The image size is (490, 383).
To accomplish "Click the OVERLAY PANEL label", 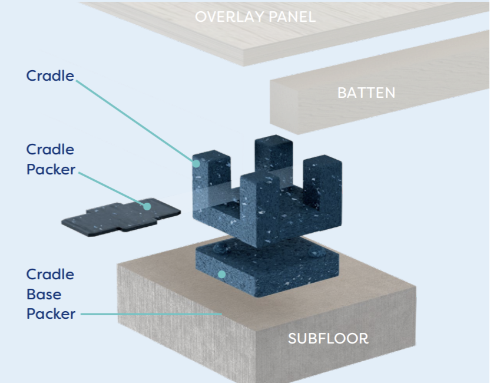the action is pyautogui.click(x=256, y=16).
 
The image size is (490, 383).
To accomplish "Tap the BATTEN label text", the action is pyautogui.click(x=366, y=93).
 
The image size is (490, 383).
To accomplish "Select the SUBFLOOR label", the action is pyautogui.click(x=328, y=339).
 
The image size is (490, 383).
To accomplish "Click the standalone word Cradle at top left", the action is pyautogui.click(x=50, y=75).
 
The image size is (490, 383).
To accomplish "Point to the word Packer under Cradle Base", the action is pyautogui.click(x=51, y=313).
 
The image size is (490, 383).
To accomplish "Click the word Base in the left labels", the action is pyautogui.click(x=44, y=294).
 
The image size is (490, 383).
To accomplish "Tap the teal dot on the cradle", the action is pyautogui.click(x=196, y=164).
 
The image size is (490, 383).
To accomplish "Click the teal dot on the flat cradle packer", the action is pyautogui.click(x=147, y=206).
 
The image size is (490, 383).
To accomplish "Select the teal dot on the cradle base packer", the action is pyautogui.click(x=221, y=275).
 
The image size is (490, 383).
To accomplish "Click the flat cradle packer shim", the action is pyautogui.click(x=121, y=217).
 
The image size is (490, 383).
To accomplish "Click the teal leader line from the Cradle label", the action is pyautogui.click(x=134, y=121).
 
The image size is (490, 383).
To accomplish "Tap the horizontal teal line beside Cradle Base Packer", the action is pyautogui.click(x=151, y=314).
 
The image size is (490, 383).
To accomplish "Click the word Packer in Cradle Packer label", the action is pyautogui.click(x=51, y=170).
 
